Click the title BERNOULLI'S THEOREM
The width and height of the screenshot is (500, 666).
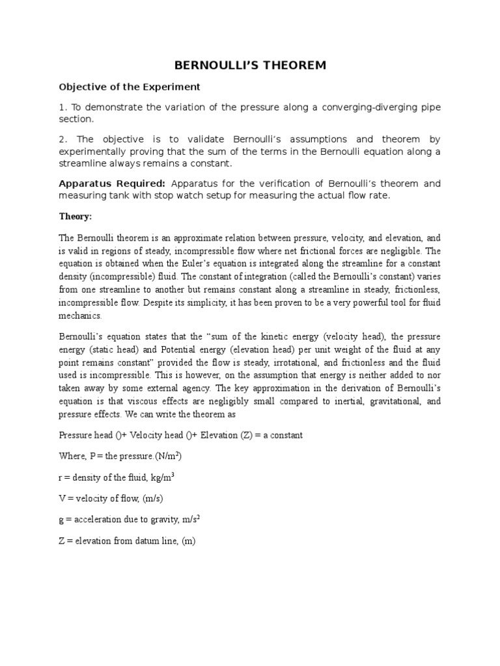pyautogui.click(x=249, y=65)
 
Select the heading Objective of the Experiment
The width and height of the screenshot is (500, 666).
pyautogui.click(x=130, y=87)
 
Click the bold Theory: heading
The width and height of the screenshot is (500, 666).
pyautogui.click(x=76, y=217)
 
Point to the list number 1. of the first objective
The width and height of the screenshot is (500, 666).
pyautogui.click(x=62, y=107)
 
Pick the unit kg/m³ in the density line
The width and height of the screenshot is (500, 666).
pyautogui.click(x=161, y=477)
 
